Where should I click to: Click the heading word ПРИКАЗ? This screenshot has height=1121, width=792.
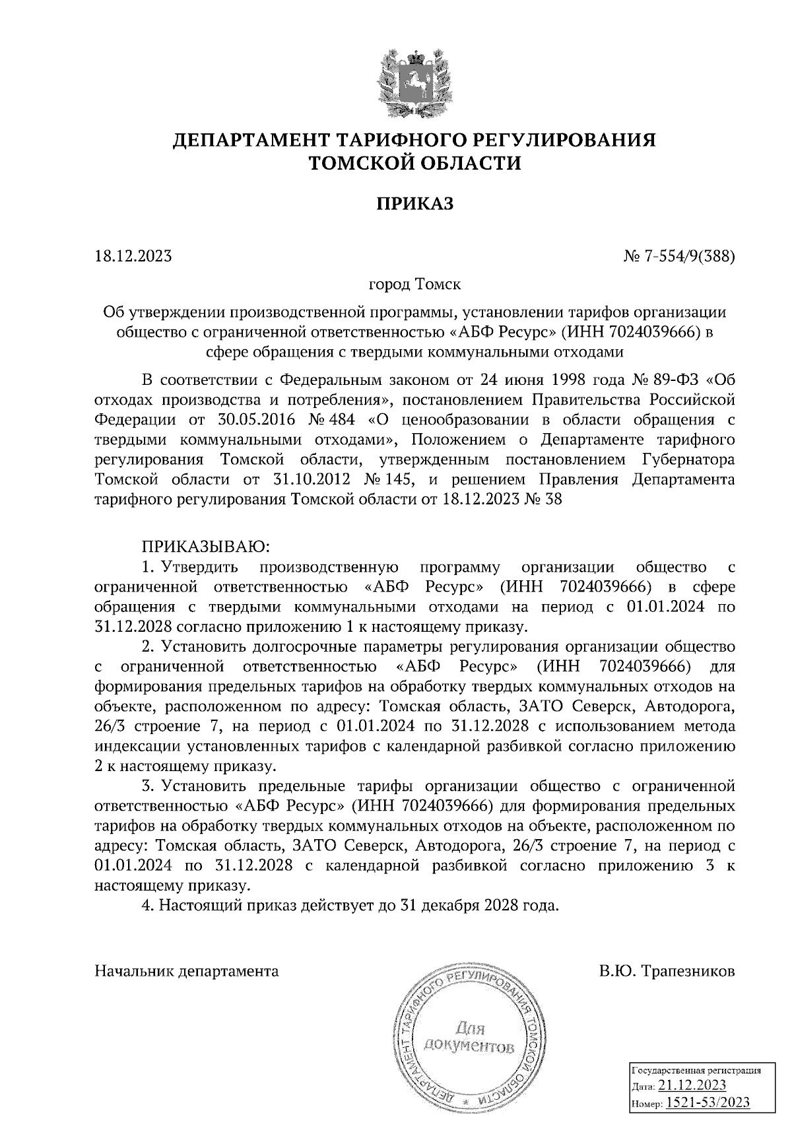414,203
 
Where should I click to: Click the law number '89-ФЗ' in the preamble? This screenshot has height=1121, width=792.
675,380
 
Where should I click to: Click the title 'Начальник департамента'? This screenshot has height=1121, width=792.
187,971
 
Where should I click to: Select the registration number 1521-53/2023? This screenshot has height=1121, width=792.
707,1102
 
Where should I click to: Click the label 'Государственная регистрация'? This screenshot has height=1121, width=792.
697,1071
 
